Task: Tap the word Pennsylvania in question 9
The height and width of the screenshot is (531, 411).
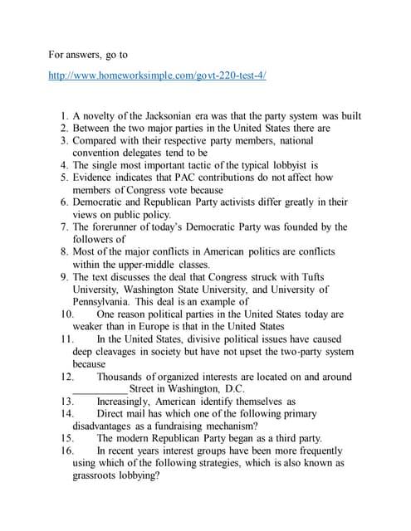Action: pos(108,302)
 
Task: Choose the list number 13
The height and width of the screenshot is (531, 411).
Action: pos(68,401)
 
